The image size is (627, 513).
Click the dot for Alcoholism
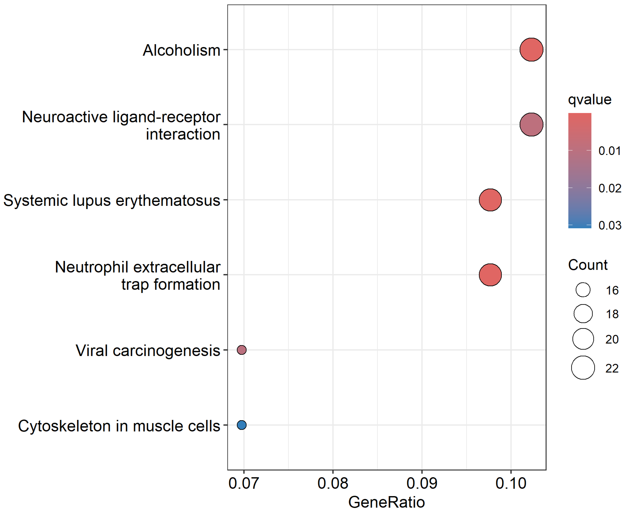click(531, 50)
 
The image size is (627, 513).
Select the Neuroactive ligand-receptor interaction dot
click(531, 124)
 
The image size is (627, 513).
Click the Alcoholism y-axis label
click(181, 50)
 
